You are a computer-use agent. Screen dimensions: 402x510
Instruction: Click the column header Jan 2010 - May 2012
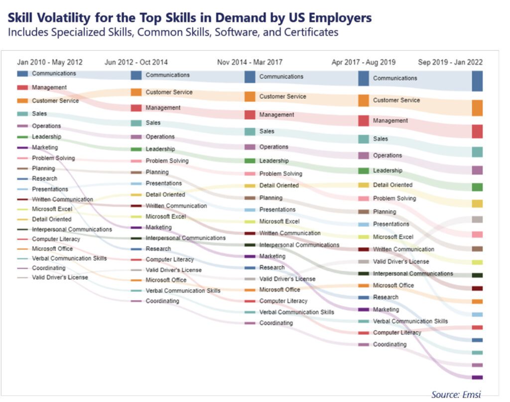pyautogui.click(x=50, y=62)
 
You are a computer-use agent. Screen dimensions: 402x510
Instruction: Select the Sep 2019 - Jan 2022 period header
pyautogui.click(x=450, y=62)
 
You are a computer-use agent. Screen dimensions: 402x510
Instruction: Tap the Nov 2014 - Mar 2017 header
pyautogui.click(x=250, y=62)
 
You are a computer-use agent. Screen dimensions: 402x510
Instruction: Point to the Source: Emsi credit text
pyautogui.click(x=456, y=395)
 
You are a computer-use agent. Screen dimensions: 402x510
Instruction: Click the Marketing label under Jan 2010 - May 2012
pyautogui.click(x=45, y=148)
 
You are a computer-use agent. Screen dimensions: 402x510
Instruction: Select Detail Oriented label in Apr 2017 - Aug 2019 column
pyautogui.click(x=392, y=185)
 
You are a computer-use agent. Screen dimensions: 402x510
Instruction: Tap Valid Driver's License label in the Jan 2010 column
pyautogui.click(x=60, y=277)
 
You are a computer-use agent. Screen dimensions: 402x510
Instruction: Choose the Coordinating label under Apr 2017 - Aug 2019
pyautogui.click(x=389, y=345)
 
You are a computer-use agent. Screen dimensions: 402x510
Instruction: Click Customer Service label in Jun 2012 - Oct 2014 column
pyautogui.click(x=169, y=92)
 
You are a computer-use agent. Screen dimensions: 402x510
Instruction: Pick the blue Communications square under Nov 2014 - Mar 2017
pyautogui.click(x=250, y=77)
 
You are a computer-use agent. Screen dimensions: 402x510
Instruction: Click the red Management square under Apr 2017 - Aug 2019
pyautogui.click(x=364, y=121)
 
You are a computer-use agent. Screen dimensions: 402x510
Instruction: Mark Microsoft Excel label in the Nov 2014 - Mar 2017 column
pyautogui.click(x=279, y=221)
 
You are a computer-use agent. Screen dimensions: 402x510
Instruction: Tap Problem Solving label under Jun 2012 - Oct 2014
pyautogui.click(x=167, y=161)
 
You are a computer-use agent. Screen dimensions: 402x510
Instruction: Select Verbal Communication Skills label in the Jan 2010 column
pyautogui.click(x=69, y=258)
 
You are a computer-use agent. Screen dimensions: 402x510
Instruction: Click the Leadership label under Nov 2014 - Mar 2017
pyautogui.click(x=273, y=161)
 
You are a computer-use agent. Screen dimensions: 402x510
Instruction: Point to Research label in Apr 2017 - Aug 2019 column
pyautogui.click(x=385, y=297)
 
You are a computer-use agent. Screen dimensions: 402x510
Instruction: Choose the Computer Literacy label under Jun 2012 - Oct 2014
pyautogui.click(x=169, y=260)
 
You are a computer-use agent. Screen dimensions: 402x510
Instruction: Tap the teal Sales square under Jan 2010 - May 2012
pyautogui.click(x=22, y=114)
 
